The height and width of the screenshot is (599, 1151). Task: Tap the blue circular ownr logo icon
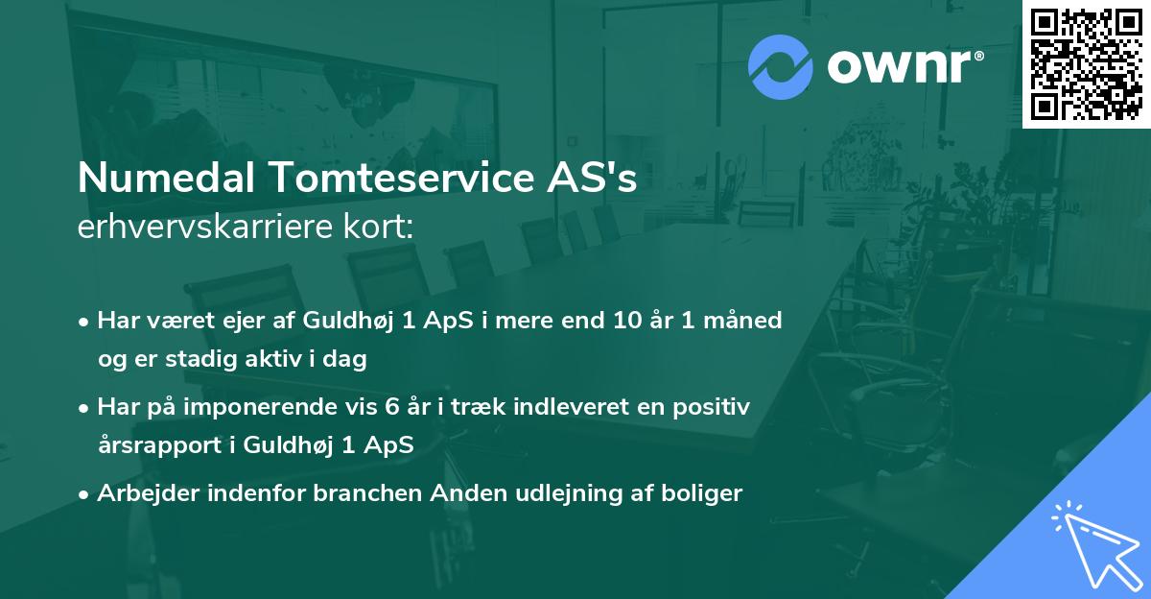click(780, 67)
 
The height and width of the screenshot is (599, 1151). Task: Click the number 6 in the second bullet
click(392, 407)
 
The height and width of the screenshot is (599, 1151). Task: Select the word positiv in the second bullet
click(712, 407)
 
